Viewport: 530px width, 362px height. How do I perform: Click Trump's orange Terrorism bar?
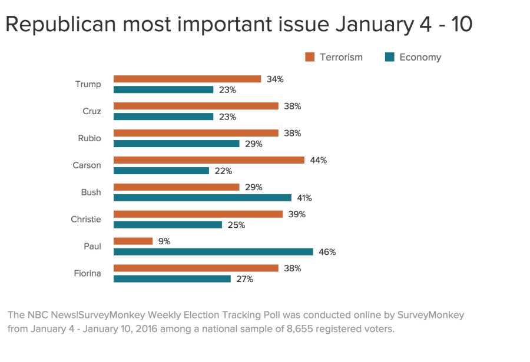[x=187, y=79]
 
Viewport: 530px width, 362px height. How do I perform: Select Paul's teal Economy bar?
[x=213, y=252]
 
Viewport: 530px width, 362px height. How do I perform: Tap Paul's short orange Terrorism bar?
[x=132, y=241]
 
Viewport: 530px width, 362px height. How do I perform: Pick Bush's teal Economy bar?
[x=202, y=198]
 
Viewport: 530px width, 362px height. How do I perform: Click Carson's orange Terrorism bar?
[x=208, y=160]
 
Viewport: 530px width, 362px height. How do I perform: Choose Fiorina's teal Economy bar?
[x=172, y=279]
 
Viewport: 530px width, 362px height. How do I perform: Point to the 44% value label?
[x=319, y=160]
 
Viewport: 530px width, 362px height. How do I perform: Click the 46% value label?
[x=327, y=252]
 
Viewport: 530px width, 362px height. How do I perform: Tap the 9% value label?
[x=164, y=241]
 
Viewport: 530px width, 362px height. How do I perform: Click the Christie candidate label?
[x=85, y=220]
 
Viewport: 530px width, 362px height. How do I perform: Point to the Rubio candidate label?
[x=89, y=138]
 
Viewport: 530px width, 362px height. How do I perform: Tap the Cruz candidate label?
[x=92, y=111]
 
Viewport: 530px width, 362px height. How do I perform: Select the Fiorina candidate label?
[x=87, y=274]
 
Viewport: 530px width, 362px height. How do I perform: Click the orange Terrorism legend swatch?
[x=310, y=57]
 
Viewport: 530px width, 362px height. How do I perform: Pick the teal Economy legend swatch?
[x=389, y=57]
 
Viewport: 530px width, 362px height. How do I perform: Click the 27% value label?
[x=245, y=279]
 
